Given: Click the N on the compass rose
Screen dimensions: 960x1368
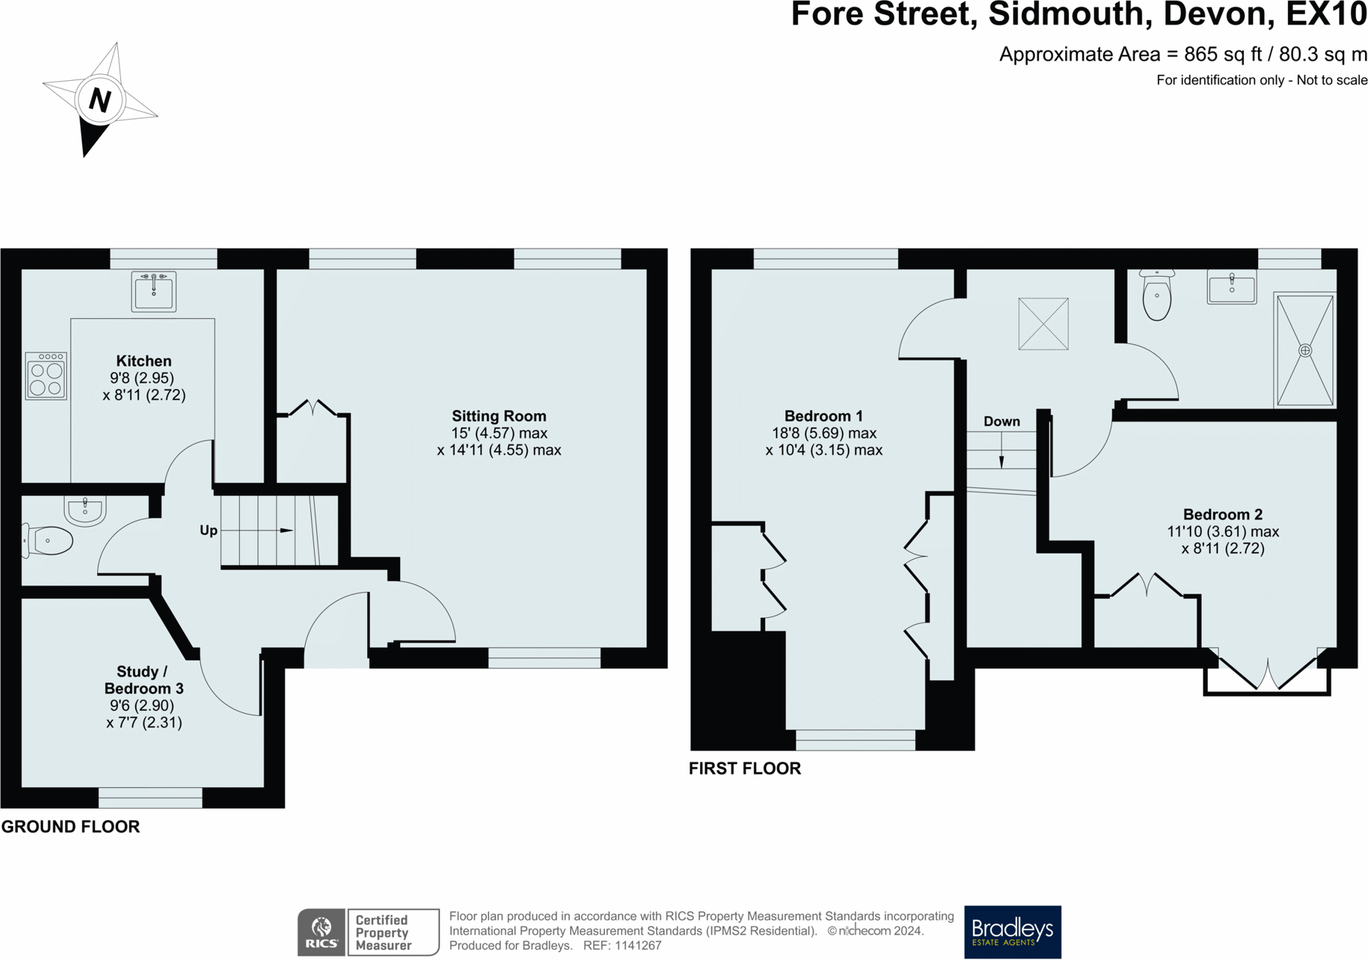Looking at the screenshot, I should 99,99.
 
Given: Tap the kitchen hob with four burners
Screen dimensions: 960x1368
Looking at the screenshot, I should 46,377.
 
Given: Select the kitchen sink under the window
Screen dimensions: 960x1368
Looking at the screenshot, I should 154,292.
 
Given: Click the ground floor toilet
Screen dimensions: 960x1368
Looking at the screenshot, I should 49,541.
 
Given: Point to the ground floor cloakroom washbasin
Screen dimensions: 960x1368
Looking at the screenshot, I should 85,510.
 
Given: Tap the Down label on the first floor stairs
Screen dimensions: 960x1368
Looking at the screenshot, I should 1001,421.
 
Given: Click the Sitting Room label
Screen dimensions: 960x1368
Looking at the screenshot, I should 499,416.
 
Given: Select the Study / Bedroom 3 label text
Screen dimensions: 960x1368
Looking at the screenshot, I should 143,680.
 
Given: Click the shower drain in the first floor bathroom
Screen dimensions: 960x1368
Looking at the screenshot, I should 1304,350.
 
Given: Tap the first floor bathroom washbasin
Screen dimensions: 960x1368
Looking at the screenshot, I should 1231,288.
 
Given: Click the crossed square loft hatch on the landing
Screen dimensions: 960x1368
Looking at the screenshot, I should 1043,323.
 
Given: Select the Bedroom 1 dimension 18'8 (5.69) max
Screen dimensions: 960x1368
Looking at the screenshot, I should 824,433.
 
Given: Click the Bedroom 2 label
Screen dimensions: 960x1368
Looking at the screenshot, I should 1222,514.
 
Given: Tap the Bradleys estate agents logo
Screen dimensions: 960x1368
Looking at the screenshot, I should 1012,932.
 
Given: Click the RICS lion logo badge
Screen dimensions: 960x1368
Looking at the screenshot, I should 321,932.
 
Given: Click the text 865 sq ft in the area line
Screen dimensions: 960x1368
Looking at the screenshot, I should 1223,55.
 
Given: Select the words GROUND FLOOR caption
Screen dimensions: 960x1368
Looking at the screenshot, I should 71,826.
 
